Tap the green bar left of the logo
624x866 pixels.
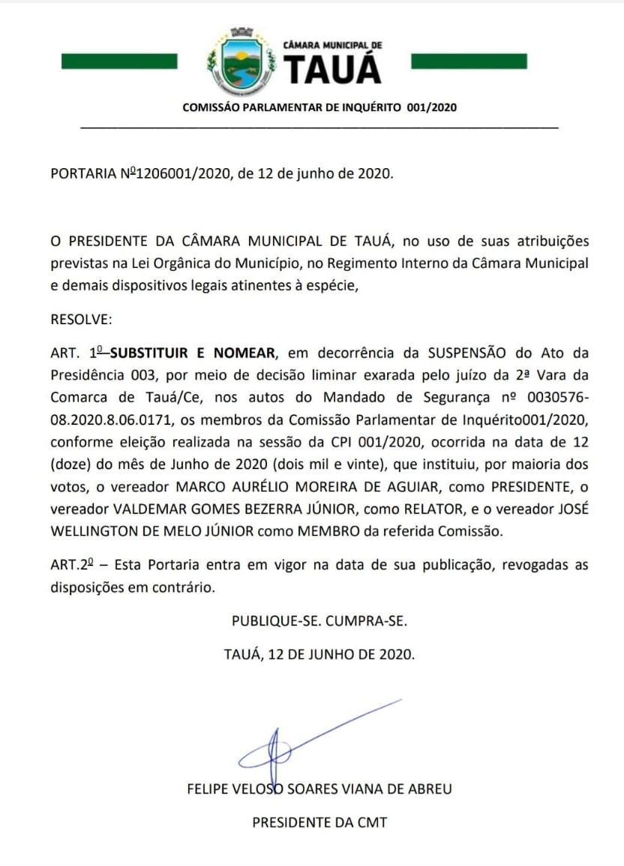(119, 61)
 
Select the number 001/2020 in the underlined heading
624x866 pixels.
(431, 107)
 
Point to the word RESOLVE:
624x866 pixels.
(81, 319)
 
